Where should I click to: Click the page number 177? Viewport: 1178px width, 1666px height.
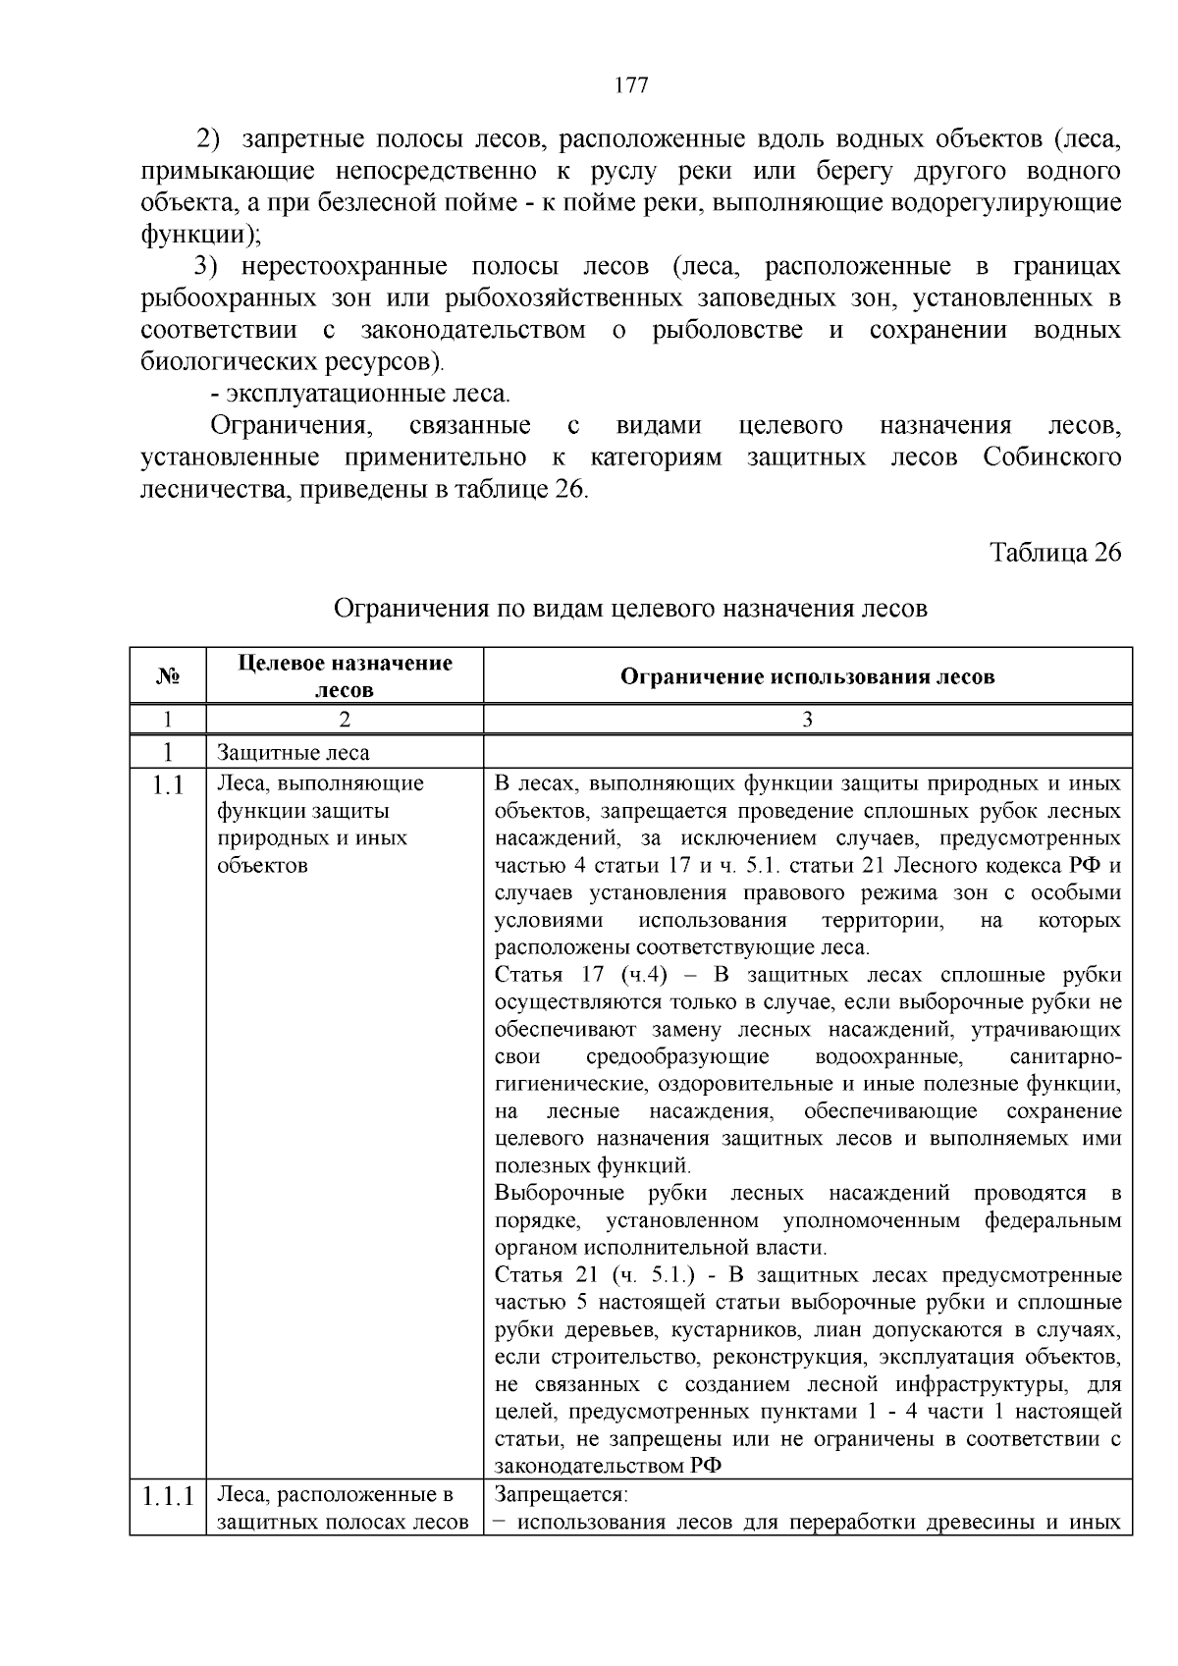pyautogui.click(x=630, y=85)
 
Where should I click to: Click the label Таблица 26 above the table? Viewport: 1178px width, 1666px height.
pyautogui.click(x=1055, y=553)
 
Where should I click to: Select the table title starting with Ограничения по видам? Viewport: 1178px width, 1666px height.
pyautogui.click(x=630, y=609)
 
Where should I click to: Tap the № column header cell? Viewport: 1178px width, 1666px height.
pyautogui.click(x=167, y=676)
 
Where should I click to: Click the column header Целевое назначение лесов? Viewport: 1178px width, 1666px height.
pyautogui.click(x=345, y=676)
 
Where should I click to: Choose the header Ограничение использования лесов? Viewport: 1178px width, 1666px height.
pyautogui.click(x=807, y=676)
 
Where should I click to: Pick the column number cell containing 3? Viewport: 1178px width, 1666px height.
pyautogui.click(x=807, y=720)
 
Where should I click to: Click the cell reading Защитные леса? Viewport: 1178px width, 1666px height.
pyautogui.click(x=294, y=753)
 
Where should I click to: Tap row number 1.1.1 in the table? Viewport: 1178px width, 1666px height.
pyautogui.click(x=168, y=1497)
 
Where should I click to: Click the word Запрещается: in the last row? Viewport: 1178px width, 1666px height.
pyautogui.click(x=561, y=1495)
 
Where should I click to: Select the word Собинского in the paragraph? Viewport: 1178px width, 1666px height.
pyautogui.click(x=1051, y=457)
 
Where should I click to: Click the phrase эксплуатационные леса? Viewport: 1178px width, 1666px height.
pyautogui.click(x=369, y=395)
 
